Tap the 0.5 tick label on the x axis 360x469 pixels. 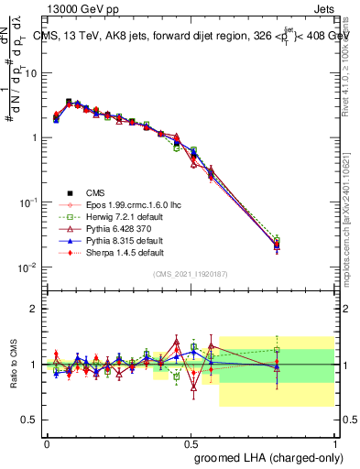point(191,443)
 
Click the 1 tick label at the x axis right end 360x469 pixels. point(335,443)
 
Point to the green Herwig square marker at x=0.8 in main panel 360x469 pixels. point(278,240)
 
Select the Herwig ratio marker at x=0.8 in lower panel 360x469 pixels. point(278,349)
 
